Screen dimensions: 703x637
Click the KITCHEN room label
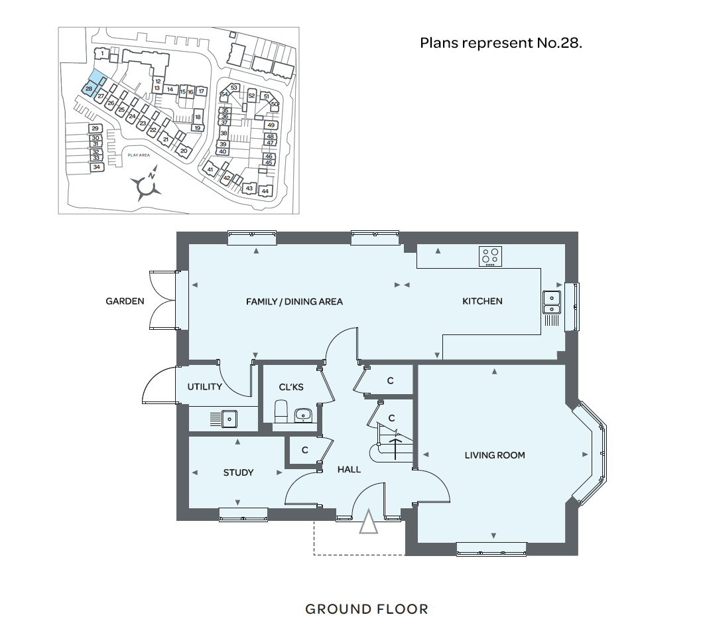coord(482,301)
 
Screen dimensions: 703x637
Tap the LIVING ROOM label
coord(495,455)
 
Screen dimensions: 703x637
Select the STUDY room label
coord(238,472)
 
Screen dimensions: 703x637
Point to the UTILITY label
coord(204,387)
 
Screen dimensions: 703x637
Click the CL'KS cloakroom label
coord(291,387)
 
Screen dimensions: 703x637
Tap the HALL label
coord(349,470)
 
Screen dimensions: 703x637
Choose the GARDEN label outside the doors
coord(125,301)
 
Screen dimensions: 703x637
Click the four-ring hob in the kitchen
coord(490,257)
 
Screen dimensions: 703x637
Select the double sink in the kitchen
coord(552,303)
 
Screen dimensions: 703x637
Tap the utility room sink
coord(229,419)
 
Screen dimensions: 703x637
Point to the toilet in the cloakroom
coord(281,411)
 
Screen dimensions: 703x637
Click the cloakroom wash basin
coord(304,415)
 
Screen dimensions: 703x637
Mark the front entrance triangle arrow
coord(368,522)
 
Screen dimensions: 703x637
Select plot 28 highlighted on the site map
coord(89,89)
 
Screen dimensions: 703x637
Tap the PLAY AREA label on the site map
coord(139,155)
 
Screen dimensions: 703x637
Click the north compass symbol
coord(146,184)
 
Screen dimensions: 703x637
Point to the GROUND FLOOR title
coord(367,609)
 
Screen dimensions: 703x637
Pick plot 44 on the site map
coord(265,190)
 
